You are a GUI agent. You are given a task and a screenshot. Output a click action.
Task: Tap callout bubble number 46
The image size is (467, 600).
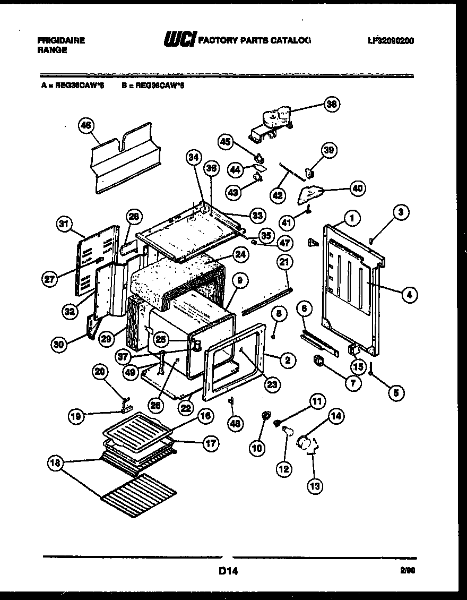tap(85, 126)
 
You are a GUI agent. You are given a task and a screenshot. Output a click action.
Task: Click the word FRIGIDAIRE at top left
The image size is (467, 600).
tap(61, 40)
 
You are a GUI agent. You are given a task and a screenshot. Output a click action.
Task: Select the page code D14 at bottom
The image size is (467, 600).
tap(227, 572)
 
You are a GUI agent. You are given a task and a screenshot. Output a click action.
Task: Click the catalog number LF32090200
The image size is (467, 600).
tap(391, 40)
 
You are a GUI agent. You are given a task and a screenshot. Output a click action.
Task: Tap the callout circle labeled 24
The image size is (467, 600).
tap(240, 254)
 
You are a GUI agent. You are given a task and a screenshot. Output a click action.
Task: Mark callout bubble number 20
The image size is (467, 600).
tap(99, 373)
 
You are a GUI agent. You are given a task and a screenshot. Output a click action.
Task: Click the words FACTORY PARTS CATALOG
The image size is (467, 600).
tap(254, 40)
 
